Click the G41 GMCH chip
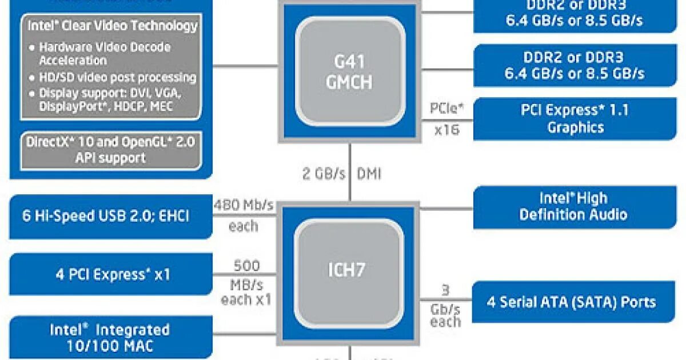click(349, 71)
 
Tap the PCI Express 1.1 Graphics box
click(575, 118)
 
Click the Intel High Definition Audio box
click(575, 206)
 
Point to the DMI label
click(369, 174)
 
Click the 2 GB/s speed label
click(324, 174)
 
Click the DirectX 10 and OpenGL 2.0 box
click(111, 150)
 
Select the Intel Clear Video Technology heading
click(113, 26)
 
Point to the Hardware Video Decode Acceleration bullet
click(104, 53)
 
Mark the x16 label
click(446, 130)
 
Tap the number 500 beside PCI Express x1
click(246, 266)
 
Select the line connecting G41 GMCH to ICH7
click(349, 171)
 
